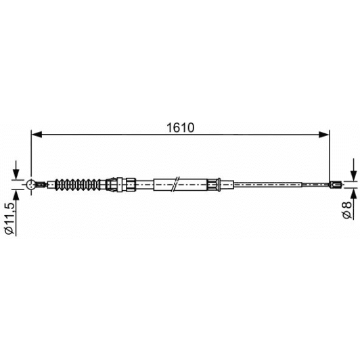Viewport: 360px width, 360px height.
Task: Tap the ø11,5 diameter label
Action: click(10, 217)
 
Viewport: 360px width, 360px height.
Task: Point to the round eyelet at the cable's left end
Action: click(32, 183)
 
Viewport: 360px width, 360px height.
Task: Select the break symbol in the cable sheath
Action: click(176, 183)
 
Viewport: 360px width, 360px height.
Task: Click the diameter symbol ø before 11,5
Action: click(10, 231)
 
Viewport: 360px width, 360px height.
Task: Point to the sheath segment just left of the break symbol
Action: click(162, 183)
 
